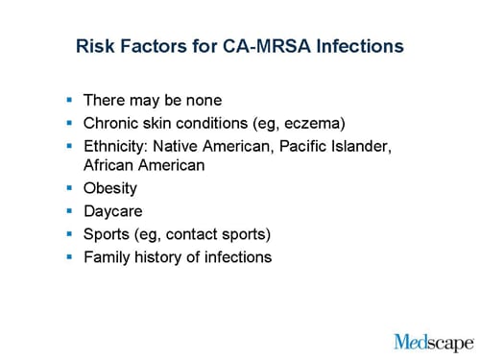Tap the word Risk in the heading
pyautogui.click(x=95, y=45)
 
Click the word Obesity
pyautogui.click(x=110, y=188)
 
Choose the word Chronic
pyautogui.click(x=112, y=122)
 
